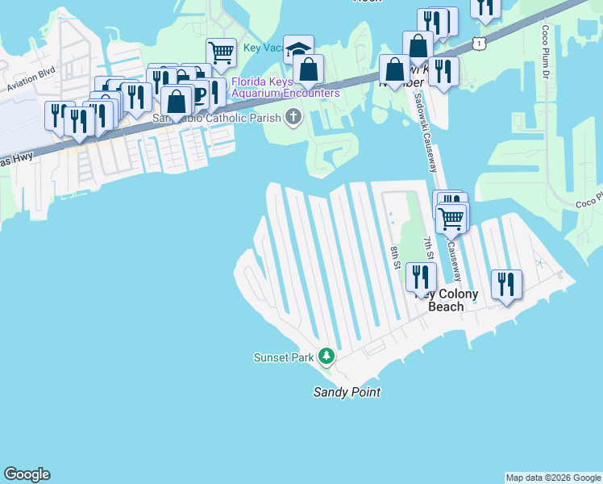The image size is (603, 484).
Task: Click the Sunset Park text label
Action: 282,357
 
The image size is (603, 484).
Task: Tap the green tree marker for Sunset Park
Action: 326,355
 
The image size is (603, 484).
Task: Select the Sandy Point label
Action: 347,392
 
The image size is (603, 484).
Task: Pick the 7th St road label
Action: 429,246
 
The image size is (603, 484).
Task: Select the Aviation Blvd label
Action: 30,81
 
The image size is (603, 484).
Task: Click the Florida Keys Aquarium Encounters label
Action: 285,87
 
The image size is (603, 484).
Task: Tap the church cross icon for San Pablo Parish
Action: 293,118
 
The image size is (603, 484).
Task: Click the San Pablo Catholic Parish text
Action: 218,119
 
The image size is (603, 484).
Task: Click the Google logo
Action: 27,474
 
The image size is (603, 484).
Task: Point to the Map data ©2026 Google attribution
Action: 553,478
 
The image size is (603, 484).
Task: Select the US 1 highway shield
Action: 480,43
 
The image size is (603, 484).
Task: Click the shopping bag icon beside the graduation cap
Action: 310,69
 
